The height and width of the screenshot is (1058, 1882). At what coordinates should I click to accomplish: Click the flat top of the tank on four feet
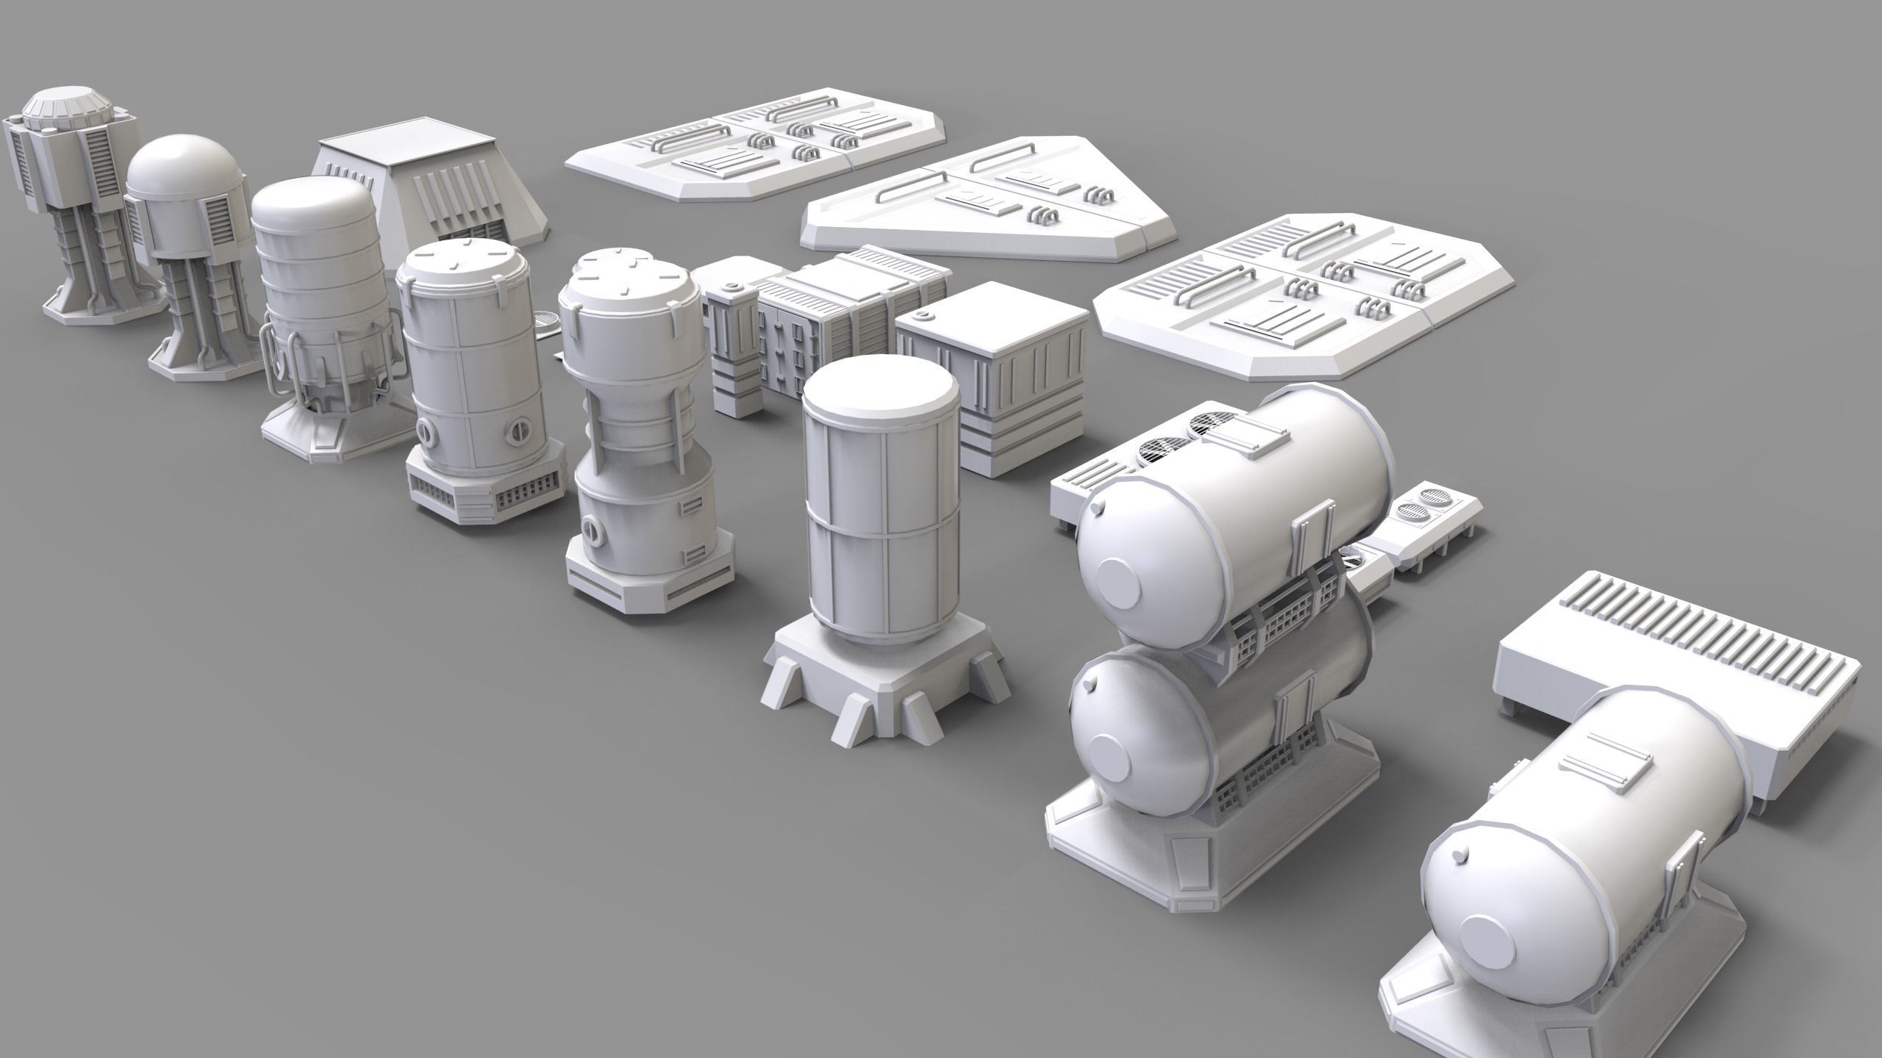(880, 394)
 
